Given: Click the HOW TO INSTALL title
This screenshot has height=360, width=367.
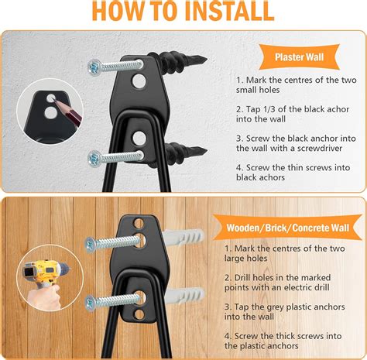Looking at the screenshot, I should click(x=183, y=12).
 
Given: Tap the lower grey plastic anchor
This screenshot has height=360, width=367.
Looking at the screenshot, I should click(x=179, y=297).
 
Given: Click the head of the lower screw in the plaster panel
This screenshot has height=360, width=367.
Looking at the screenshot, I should click(x=94, y=158).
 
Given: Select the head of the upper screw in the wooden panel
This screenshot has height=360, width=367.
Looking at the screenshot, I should click(x=91, y=245).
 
